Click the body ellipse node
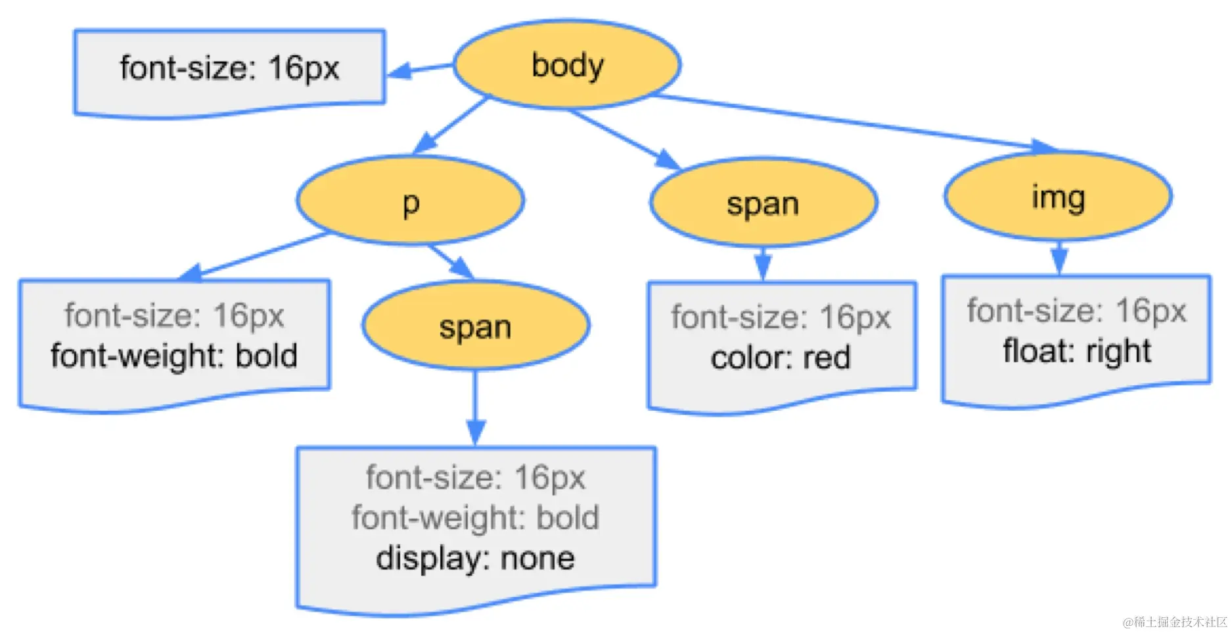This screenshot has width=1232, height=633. point(567,64)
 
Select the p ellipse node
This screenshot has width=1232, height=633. point(410,201)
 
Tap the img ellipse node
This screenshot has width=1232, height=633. point(1057,197)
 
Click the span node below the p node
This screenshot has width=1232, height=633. point(475,326)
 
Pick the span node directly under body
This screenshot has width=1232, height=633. point(763,203)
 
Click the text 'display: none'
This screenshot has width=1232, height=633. point(475,559)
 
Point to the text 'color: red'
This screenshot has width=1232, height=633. point(780,358)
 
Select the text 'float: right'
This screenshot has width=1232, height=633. point(1076,351)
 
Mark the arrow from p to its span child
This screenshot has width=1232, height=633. point(452,261)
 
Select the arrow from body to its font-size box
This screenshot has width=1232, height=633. point(419,68)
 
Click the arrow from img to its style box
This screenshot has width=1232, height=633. point(1058,258)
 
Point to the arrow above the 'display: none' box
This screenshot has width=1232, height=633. point(475,408)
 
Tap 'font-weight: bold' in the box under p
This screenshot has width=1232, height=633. point(174,356)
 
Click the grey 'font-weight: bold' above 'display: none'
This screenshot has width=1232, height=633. point(475,518)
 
